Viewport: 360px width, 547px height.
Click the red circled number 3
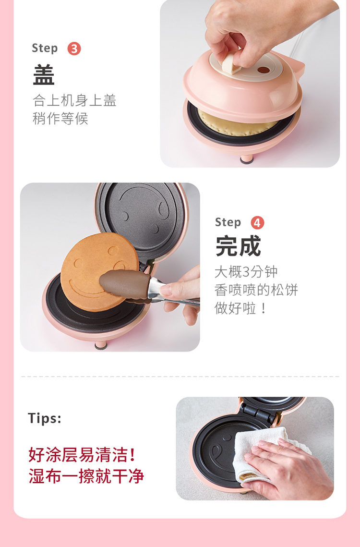(74, 49)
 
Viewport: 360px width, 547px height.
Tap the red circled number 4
(257, 222)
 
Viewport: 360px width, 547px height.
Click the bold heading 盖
(44, 74)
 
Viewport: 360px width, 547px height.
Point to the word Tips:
(45, 418)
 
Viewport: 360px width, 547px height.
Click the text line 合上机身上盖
(74, 100)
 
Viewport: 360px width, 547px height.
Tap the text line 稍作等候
(60, 119)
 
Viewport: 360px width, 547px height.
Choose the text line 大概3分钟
(246, 272)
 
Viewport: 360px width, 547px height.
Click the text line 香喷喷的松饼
(256, 290)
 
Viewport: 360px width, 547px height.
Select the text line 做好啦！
(240, 308)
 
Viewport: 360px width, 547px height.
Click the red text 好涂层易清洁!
(82, 455)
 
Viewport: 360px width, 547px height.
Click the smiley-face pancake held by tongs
(99, 272)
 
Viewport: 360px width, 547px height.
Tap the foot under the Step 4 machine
(101, 345)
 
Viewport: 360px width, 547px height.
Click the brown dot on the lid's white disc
(264, 70)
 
